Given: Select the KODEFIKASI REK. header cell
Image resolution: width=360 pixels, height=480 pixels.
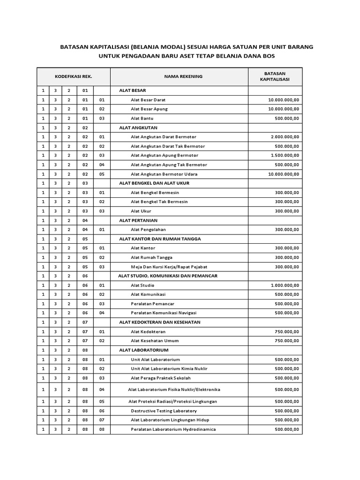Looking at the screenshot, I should (x=73, y=76).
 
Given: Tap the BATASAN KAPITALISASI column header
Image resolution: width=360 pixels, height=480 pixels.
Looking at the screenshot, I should (x=275, y=76).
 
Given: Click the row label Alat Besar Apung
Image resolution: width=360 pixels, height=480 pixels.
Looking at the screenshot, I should (x=149, y=109).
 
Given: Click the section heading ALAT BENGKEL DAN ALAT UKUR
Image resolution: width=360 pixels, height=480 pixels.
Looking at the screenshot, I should (x=154, y=183).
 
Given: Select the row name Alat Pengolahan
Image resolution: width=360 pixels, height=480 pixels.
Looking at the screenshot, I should (x=148, y=229).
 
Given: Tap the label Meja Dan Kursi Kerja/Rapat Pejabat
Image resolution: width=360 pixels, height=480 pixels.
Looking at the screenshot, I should (x=169, y=266).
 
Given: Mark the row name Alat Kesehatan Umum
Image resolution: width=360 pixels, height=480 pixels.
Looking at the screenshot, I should (x=155, y=340).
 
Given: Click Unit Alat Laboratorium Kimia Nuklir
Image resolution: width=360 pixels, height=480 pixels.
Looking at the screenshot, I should (x=169, y=368).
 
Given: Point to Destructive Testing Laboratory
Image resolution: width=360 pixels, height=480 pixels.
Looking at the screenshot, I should (x=164, y=411).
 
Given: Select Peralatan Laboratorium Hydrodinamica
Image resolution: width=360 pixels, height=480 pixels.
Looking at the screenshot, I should (x=173, y=429).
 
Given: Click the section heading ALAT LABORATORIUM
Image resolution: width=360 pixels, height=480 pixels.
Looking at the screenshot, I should (x=143, y=350).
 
